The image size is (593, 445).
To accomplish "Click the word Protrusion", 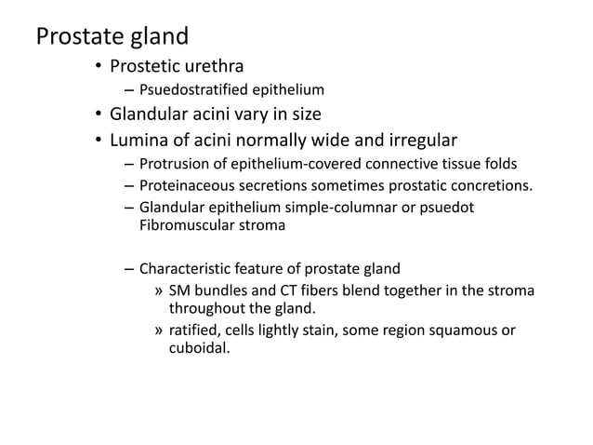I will pyautogui.click(x=176, y=164).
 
